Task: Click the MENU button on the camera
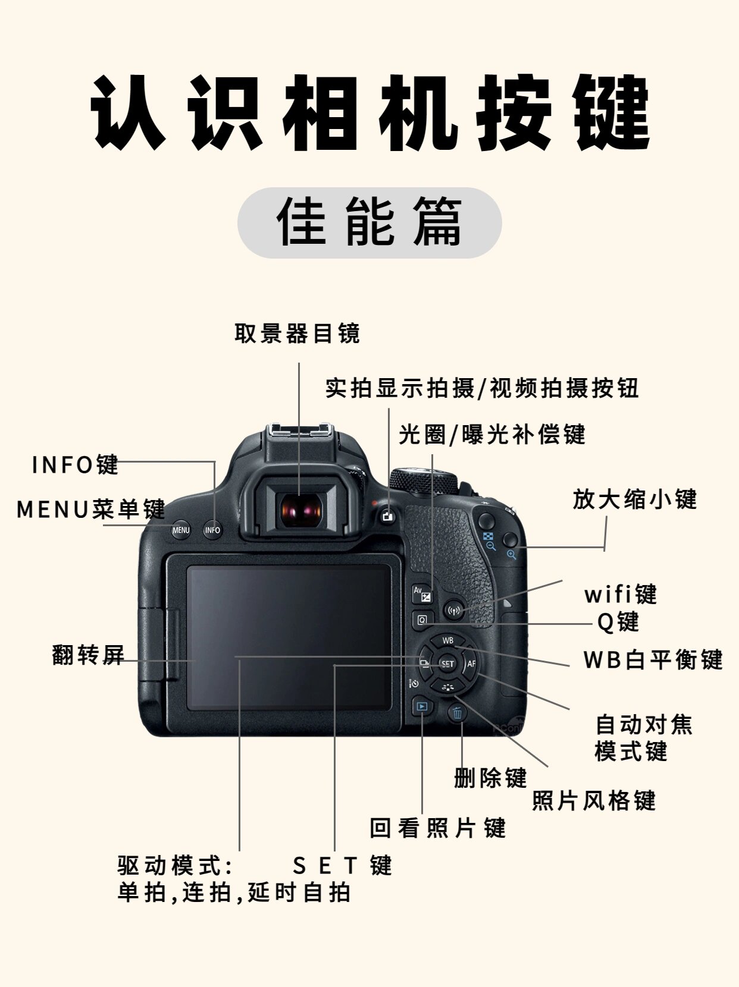coord(181,530)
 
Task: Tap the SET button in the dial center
coord(447,664)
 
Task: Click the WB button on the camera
coord(447,641)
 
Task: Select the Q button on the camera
coord(422,620)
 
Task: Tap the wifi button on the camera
coord(454,610)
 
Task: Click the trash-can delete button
coord(457,713)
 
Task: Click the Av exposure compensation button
coord(422,593)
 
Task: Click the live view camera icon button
coord(389,515)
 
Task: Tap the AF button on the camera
coord(471,664)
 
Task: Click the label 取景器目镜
coord(298,334)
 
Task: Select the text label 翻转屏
coord(88,655)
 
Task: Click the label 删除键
coord(490,777)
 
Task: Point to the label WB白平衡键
coord(653,660)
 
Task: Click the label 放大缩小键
coord(634,499)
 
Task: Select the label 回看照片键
coord(437,828)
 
